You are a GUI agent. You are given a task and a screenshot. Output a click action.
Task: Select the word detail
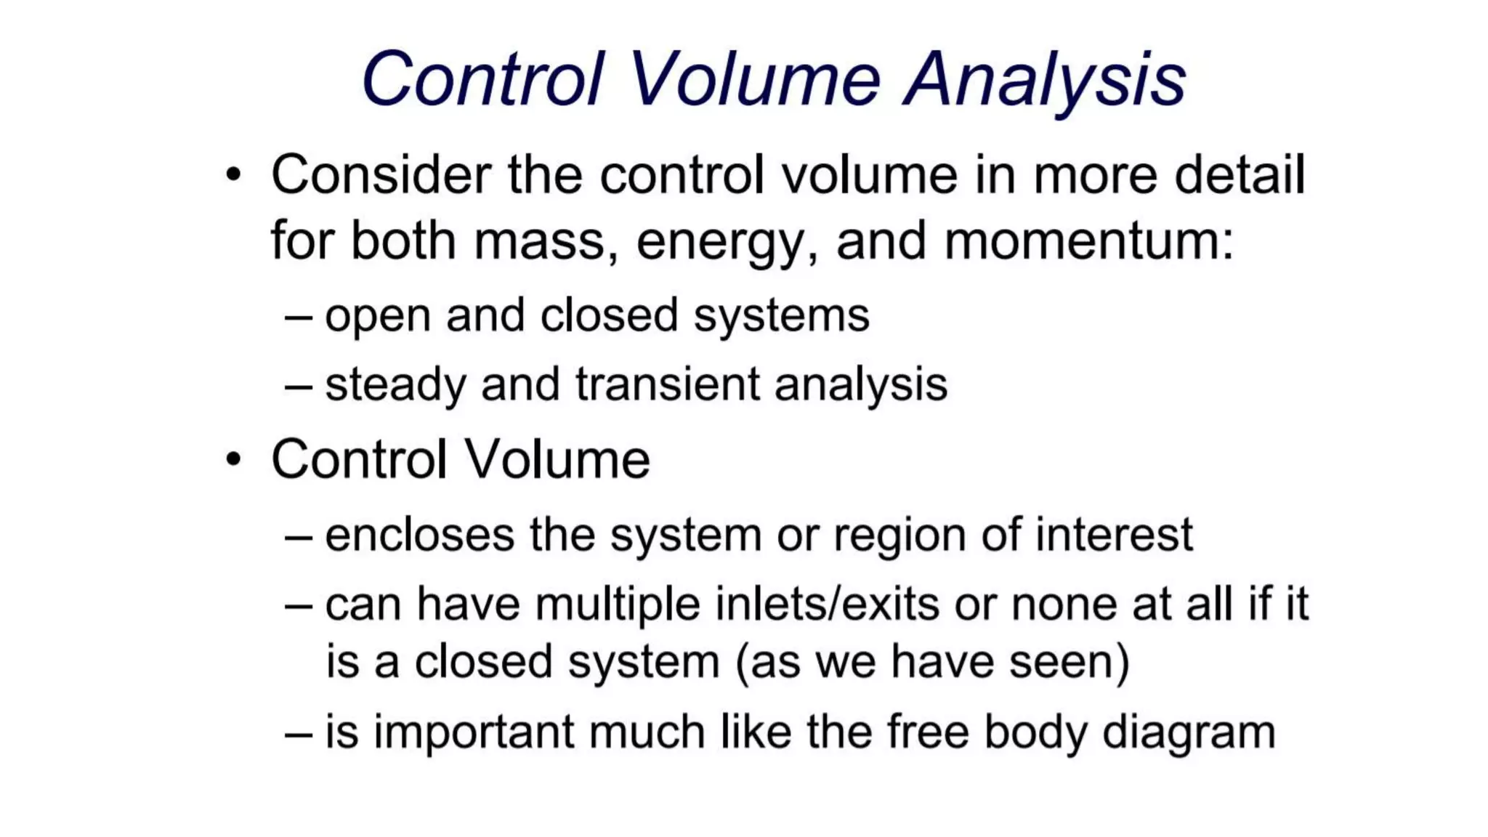pyautogui.click(x=1240, y=175)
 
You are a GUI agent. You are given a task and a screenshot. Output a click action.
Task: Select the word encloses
pyautogui.click(x=420, y=535)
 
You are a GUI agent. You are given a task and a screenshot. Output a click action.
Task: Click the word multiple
pyautogui.click(x=618, y=604)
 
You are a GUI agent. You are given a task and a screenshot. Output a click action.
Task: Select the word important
pyautogui.click(x=474, y=732)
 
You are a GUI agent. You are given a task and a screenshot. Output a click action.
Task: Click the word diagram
pyautogui.click(x=1189, y=732)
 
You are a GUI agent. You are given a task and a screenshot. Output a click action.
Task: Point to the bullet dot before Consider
pyautogui.click(x=232, y=175)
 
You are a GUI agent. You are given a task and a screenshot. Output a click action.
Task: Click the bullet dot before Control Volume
pyautogui.click(x=232, y=460)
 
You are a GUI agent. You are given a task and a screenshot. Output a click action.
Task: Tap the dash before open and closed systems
pyautogui.click(x=299, y=317)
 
